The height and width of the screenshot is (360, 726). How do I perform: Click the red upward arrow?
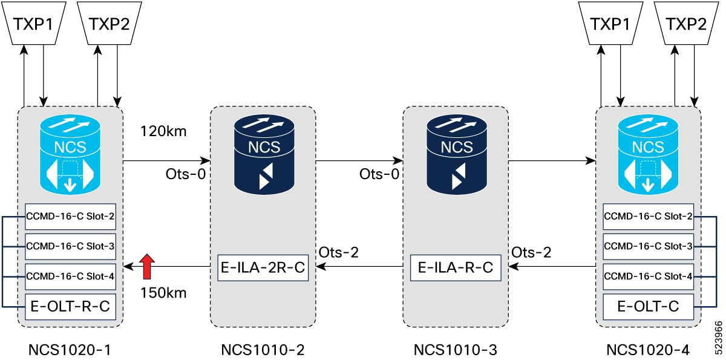pos(147,266)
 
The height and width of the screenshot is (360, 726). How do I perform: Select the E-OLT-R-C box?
pos(70,307)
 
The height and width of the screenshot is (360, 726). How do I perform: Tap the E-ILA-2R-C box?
pos(263,267)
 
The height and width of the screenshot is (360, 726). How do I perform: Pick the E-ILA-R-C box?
pos(456,267)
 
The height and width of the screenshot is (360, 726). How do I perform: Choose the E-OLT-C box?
pos(648,307)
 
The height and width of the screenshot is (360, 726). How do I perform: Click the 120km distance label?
pos(163,131)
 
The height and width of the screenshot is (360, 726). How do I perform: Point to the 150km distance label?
pos(163,293)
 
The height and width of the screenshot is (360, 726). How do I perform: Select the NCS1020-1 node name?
pos(70,350)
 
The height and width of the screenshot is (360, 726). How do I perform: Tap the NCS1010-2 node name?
pos(263,350)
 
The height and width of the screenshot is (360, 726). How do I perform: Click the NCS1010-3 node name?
pos(456,350)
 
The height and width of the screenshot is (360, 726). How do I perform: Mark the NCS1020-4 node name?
pos(648,350)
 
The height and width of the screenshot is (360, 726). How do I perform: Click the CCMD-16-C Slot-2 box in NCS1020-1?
pos(70,217)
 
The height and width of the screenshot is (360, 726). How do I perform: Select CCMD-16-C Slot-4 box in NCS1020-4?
pos(648,277)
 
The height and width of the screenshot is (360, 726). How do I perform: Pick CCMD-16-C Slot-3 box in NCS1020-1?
pos(70,246)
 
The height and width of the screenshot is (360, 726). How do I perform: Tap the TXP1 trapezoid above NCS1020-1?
pos(34,23)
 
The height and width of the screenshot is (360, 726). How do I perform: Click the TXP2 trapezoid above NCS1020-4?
pos(686,23)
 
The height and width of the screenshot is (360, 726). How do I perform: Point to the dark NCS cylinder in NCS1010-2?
pos(264,154)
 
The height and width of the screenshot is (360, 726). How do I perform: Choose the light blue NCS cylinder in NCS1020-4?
pos(648,154)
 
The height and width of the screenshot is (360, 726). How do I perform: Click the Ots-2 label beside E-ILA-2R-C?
pos(339,252)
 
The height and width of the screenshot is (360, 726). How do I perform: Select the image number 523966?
pos(718,338)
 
